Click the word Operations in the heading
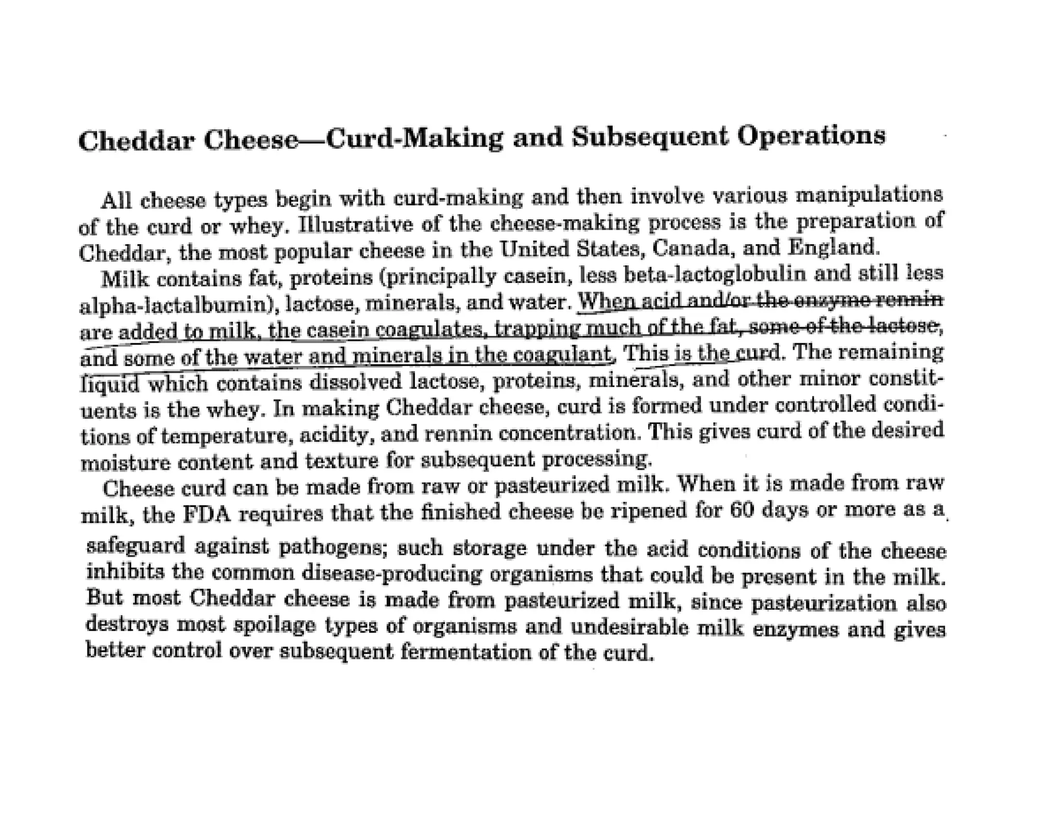point(811,136)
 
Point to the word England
point(833,247)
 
